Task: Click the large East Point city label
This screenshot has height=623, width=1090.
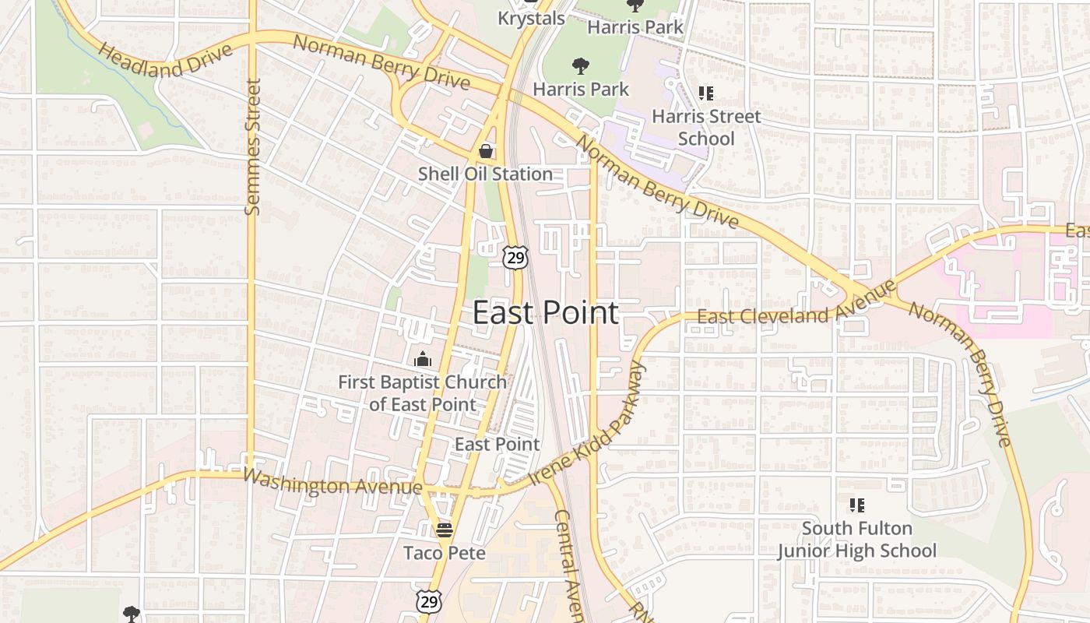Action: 546,313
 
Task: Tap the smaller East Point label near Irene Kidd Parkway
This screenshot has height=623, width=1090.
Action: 497,445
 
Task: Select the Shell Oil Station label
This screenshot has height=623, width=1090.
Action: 485,174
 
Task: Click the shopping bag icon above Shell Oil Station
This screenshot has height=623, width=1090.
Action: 486,150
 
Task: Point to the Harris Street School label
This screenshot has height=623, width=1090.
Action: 706,128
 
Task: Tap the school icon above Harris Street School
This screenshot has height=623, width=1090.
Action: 705,94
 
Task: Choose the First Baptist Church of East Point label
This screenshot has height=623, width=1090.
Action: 422,393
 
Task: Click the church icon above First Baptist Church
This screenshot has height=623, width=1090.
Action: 423,359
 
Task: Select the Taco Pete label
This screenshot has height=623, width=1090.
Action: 445,553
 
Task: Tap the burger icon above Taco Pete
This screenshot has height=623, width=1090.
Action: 445,530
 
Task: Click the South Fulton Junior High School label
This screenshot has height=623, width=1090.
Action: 856,540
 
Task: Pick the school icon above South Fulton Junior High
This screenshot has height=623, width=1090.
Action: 856,505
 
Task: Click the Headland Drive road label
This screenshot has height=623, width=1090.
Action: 166,60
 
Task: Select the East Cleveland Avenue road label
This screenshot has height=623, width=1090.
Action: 796,305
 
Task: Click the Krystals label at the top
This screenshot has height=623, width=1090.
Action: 531,17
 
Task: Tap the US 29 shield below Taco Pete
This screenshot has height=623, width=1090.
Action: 428,600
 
